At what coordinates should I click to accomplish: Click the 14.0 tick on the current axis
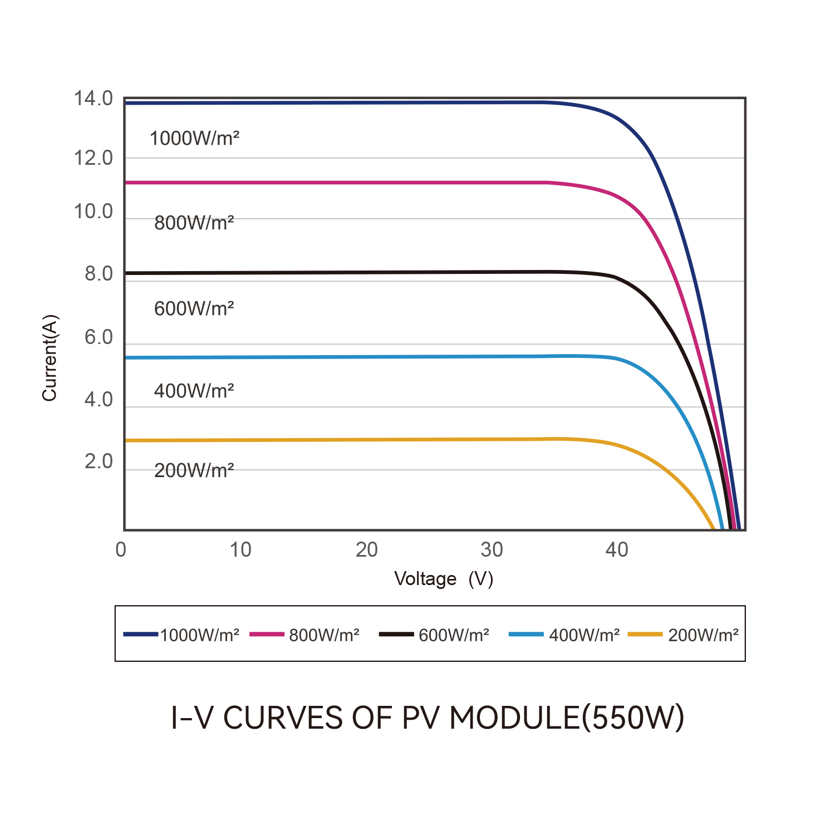click(x=93, y=99)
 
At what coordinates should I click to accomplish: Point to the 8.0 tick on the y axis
click(x=99, y=274)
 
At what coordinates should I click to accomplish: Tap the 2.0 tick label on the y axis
click(x=99, y=462)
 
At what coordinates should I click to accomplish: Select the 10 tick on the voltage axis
click(x=240, y=550)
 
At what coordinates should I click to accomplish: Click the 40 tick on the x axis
click(x=617, y=550)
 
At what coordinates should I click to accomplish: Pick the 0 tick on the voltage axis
click(x=121, y=550)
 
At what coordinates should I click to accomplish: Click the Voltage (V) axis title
click(x=444, y=579)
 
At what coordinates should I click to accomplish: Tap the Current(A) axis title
click(x=50, y=358)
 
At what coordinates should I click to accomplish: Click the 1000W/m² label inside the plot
click(x=194, y=138)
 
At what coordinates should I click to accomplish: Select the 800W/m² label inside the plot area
click(x=194, y=223)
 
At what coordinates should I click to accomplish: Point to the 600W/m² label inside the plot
click(x=194, y=308)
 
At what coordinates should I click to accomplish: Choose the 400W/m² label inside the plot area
click(x=194, y=391)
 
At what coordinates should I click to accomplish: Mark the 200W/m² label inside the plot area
click(x=194, y=471)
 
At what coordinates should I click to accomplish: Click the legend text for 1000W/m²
click(x=199, y=635)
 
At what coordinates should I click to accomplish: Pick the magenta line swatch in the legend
click(x=267, y=634)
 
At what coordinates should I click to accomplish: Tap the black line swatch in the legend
click(x=396, y=634)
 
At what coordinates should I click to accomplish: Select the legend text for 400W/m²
click(x=584, y=635)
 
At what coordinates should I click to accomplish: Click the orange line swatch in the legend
click(x=645, y=634)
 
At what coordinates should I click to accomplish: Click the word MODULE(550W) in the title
click(x=567, y=718)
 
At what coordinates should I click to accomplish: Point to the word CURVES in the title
click(x=283, y=718)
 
